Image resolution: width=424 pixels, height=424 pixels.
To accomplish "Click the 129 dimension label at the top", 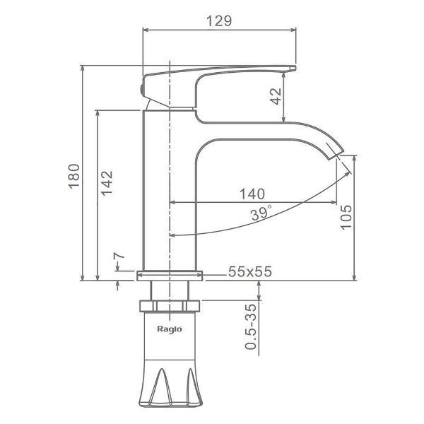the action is (219, 20).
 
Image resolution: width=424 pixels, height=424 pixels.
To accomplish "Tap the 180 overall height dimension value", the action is (74, 176).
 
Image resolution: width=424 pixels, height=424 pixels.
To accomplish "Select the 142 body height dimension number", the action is (107, 183).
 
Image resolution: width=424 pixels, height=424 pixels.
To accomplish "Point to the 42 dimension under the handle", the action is (276, 96).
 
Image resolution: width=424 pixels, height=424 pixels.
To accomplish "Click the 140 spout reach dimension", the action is (252, 194).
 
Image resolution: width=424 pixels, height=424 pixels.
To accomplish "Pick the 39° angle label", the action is (261, 213).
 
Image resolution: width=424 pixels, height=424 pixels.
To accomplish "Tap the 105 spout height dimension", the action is (346, 217).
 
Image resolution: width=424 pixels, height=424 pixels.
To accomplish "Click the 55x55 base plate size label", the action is (250, 271).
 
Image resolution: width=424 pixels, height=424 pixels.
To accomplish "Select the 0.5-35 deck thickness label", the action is (250, 326).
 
